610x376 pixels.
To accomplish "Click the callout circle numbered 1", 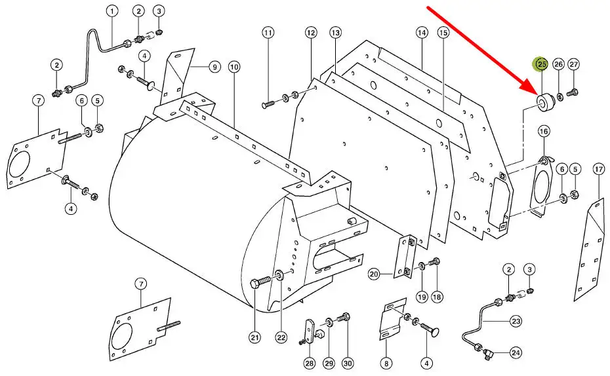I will (112, 11).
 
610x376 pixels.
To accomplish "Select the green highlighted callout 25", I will (542, 64).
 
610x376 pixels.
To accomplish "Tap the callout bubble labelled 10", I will (234, 66).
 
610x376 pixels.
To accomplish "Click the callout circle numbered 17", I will (598, 169).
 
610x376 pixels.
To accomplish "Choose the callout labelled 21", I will (254, 337).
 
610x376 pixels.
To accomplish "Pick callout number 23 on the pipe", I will (516, 321).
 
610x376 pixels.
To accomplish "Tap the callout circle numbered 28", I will (310, 363).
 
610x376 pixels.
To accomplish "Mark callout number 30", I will (348, 363).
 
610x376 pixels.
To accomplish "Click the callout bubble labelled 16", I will (544, 132).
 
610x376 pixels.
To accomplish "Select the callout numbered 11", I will (268, 33).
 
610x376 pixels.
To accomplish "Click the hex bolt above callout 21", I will (259, 283).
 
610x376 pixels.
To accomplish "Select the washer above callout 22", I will (280, 274).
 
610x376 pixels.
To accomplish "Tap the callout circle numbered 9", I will (214, 66).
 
